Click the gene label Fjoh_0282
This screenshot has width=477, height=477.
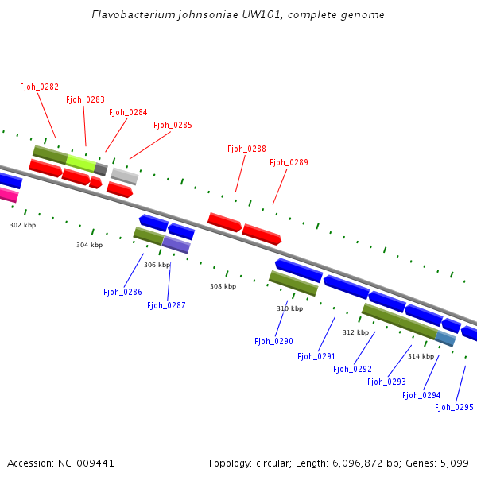(x=40, y=87)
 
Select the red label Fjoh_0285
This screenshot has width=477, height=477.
(x=173, y=125)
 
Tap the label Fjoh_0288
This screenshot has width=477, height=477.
(x=246, y=149)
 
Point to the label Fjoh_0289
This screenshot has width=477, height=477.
(x=289, y=162)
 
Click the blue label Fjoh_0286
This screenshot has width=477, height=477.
(x=122, y=292)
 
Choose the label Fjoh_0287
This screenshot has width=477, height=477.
(x=166, y=305)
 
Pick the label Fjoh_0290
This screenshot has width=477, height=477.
(x=273, y=341)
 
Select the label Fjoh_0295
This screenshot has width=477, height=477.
(x=454, y=407)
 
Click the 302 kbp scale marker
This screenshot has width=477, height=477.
(x=22, y=225)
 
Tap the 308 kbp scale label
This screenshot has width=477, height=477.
(x=223, y=286)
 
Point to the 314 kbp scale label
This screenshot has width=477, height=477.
(x=421, y=356)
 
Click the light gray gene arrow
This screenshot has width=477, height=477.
(x=124, y=176)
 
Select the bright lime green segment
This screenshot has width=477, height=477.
(x=80, y=162)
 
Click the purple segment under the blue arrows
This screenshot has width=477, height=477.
(x=176, y=245)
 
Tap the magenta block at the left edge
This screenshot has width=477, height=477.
(x=8, y=195)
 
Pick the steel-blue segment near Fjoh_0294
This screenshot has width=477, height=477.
(x=445, y=339)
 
